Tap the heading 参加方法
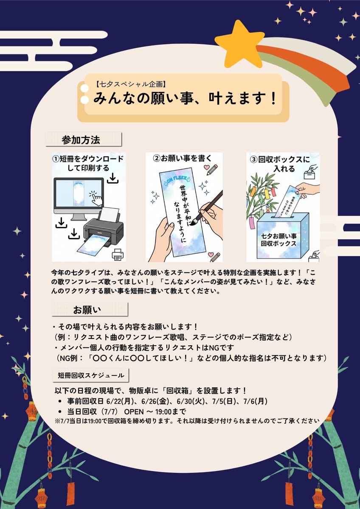81,140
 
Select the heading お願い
87,310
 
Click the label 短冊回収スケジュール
91,375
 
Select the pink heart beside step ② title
206,167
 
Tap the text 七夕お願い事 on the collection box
278,236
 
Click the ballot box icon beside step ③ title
311,171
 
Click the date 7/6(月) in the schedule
256,401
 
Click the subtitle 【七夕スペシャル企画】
130,84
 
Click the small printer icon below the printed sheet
118,254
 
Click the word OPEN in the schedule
134,412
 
